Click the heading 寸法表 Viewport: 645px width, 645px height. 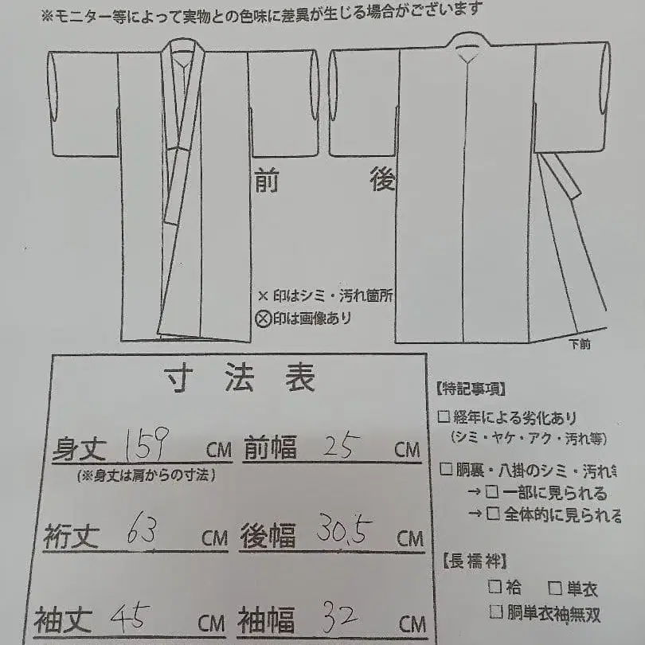[240, 379]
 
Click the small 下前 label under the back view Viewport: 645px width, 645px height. [580, 346]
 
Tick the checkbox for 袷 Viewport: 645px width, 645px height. [494, 588]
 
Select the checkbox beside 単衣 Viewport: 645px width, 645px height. [555, 588]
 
